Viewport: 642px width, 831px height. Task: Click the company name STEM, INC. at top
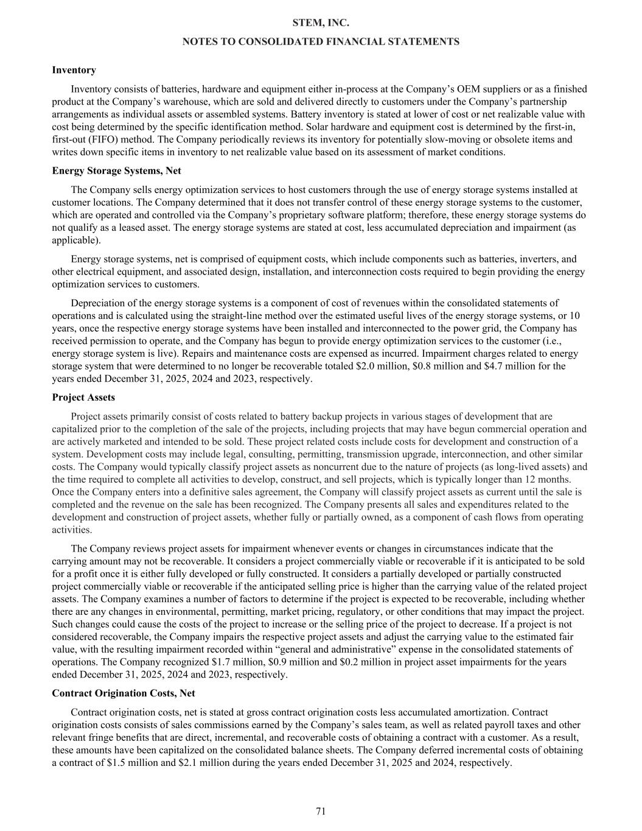321,23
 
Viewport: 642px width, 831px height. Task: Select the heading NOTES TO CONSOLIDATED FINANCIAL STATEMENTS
321,41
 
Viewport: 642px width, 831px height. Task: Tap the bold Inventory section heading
74,70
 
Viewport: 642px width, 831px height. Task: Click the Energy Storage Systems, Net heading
116,171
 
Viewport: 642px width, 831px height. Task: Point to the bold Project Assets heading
83,398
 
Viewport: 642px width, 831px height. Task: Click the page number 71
321,811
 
